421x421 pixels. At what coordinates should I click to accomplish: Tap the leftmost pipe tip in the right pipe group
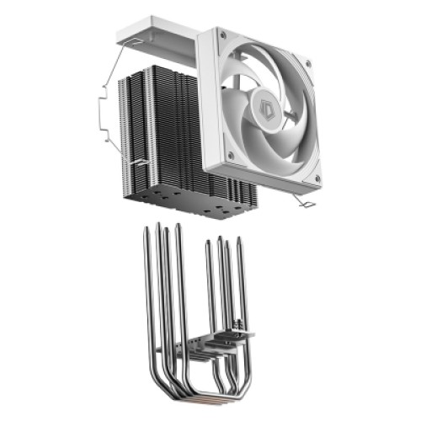click(x=208, y=244)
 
